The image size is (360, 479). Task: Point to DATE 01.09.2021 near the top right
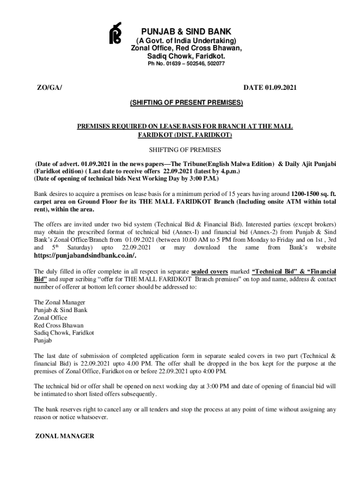pyautogui.click(x=270, y=87)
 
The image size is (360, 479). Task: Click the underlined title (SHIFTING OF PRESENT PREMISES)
pyautogui.click(x=187, y=102)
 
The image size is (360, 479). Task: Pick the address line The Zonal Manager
pyautogui.click(x=59, y=302)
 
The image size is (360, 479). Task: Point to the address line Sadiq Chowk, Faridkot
pyautogui.click(x=64, y=333)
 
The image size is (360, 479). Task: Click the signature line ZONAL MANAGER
pyautogui.click(x=65, y=436)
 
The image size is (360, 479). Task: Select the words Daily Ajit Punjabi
pyautogui.click(x=309, y=164)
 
